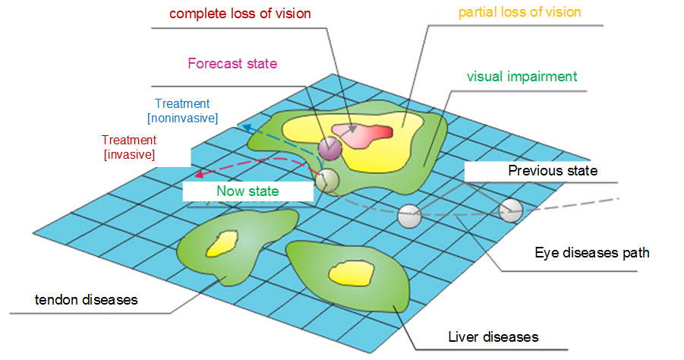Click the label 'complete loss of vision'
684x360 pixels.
click(240, 14)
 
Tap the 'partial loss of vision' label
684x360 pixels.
click(519, 12)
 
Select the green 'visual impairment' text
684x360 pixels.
click(522, 77)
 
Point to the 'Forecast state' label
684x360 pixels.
click(232, 64)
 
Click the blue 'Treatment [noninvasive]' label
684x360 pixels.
click(183, 111)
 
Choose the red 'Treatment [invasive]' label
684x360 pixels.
click(129, 147)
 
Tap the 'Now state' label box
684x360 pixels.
click(247, 191)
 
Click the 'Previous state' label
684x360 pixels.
click(553, 171)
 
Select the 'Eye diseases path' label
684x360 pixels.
click(592, 253)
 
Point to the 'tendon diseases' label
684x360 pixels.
click(87, 300)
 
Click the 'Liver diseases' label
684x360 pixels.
click(493, 337)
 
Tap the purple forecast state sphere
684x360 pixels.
click(330, 148)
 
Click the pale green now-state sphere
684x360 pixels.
click(328, 181)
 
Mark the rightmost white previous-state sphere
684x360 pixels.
click(511, 211)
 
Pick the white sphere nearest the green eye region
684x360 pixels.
click(410, 216)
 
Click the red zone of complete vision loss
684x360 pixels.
click(363, 135)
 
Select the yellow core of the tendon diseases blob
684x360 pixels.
click(222, 244)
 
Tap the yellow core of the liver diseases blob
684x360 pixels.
click(351, 274)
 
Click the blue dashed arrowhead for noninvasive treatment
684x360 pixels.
click(247, 128)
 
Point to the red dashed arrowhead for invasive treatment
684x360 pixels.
click(200, 174)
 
